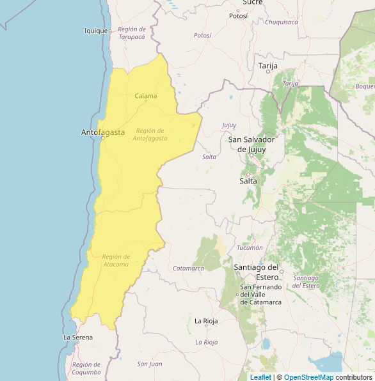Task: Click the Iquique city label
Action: (95, 31)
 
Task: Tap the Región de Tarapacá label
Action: (132, 33)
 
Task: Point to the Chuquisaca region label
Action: (282, 22)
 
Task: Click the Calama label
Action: (146, 96)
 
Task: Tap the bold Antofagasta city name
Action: (102, 132)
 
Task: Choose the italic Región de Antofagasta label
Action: (150, 134)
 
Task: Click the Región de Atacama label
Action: (116, 260)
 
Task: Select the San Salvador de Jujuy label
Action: (251, 144)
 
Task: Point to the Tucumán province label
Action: (250, 247)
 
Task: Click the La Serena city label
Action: (78, 337)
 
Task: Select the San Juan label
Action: (150, 364)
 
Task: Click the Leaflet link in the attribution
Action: (260, 377)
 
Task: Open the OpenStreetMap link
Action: (309, 377)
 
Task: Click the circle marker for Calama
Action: (146, 102)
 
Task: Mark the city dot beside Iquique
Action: (110, 30)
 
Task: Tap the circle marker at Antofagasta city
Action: (102, 137)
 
